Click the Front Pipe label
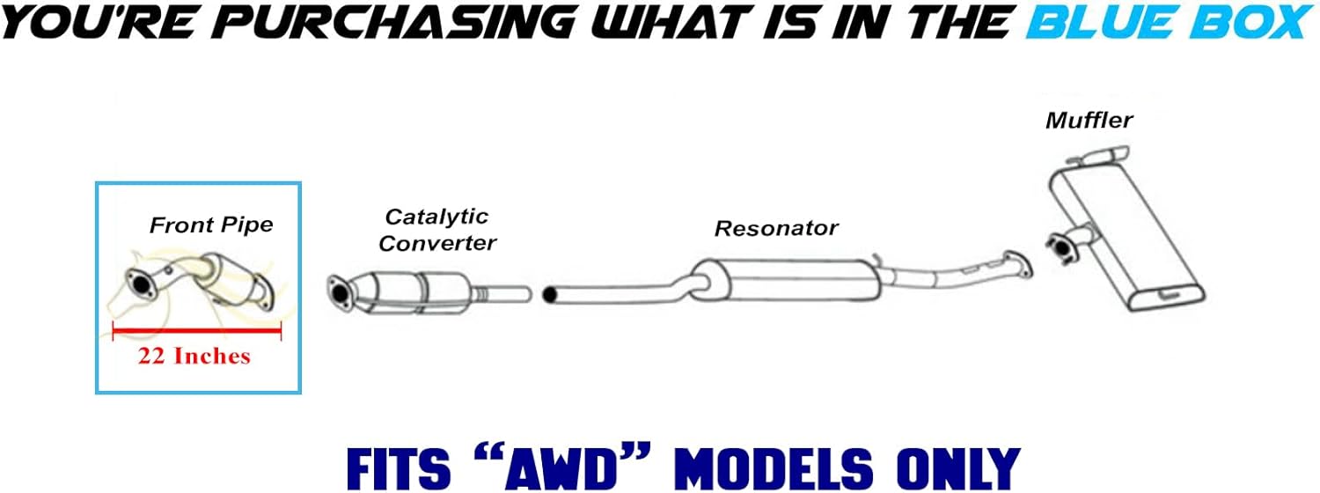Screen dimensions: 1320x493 pyautogui.click(x=211, y=225)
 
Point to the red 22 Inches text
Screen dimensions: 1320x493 pyautogui.click(x=194, y=357)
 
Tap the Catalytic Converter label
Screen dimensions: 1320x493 pyautogui.click(x=437, y=230)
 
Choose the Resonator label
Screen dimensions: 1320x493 pyautogui.click(x=775, y=229)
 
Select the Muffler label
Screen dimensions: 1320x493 pyautogui.click(x=1089, y=120)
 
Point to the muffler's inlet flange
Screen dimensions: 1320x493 pyautogui.click(x=1060, y=246)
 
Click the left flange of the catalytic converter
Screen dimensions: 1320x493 pyautogui.click(x=338, y=291)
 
